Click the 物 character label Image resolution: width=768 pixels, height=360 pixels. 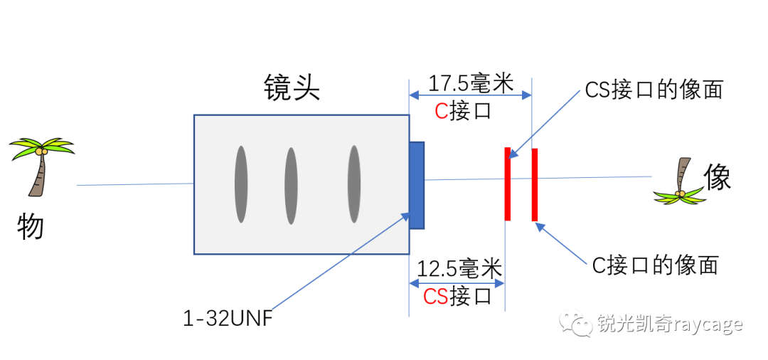click(x=31, y=227)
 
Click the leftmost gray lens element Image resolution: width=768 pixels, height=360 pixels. click(x=241, y=184)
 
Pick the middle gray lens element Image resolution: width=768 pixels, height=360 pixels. click(x=291, y=186)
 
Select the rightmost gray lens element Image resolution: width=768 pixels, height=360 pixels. click(x=353, y=184)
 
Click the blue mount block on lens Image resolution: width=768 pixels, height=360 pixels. click(x=417, y=185)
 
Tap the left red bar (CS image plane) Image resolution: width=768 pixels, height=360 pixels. click(x=507, y=184)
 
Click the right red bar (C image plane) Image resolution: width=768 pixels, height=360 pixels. click(x=534, y=184)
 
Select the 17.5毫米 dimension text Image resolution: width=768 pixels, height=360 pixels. click(x=470, y=83)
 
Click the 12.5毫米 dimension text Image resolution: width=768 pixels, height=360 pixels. click(x=459, y=269)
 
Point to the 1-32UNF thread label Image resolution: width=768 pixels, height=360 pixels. click(x=228, y=318)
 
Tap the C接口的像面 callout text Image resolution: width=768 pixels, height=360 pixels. click(x=655, y=265)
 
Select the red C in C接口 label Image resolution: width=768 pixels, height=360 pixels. click(x=442, y=110)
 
